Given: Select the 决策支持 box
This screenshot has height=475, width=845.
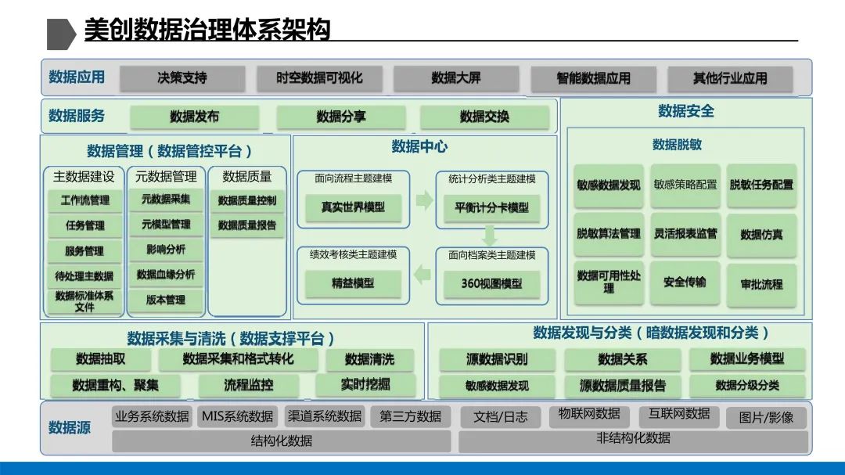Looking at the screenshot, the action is (x=182, y=77).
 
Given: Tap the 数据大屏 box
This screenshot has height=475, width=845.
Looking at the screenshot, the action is (x=456, y=77).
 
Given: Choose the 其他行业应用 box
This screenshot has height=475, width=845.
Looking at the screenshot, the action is (x=729, y=78).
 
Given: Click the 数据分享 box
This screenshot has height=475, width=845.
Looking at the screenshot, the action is (x=340, y=117).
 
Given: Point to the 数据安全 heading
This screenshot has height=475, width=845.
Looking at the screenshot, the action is (x=685, y=111).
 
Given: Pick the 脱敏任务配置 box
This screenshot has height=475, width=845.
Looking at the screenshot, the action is (x=761, y=185).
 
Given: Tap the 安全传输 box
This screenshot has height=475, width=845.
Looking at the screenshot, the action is (x=685, y=282).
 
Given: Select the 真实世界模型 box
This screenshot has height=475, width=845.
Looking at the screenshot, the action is (x=352, y=207).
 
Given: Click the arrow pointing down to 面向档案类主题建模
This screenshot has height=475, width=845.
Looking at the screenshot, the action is (x=491, y=235).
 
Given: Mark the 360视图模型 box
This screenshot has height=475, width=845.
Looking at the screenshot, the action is (x=491, y=283).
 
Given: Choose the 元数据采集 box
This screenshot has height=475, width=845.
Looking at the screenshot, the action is (x=166, y=200).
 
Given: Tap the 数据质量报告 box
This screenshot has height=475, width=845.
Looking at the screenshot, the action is (x=246, y=225).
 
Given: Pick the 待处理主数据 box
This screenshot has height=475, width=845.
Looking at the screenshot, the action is (x=84, y=276).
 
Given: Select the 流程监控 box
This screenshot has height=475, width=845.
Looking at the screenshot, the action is (x=248, y=385).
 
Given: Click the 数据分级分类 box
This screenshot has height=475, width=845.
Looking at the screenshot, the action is (x=747, y=385).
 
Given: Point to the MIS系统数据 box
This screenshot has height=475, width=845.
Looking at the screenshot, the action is (x=237, y=416).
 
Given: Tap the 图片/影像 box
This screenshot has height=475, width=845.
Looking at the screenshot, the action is (x=766, y=417).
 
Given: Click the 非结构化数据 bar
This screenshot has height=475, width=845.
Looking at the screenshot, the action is (x=633, y=438).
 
